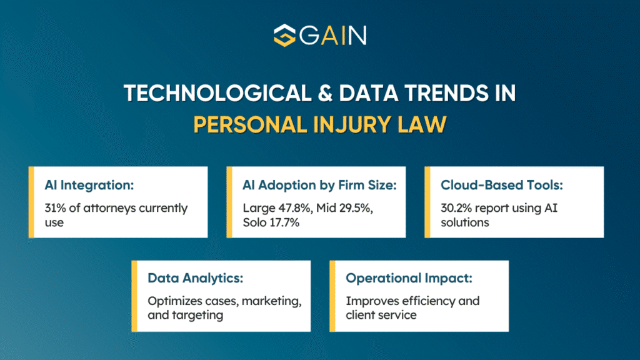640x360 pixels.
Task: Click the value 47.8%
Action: point(296,208)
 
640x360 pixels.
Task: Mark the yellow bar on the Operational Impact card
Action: point(333,296)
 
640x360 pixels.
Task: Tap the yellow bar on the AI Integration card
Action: point(31,202)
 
